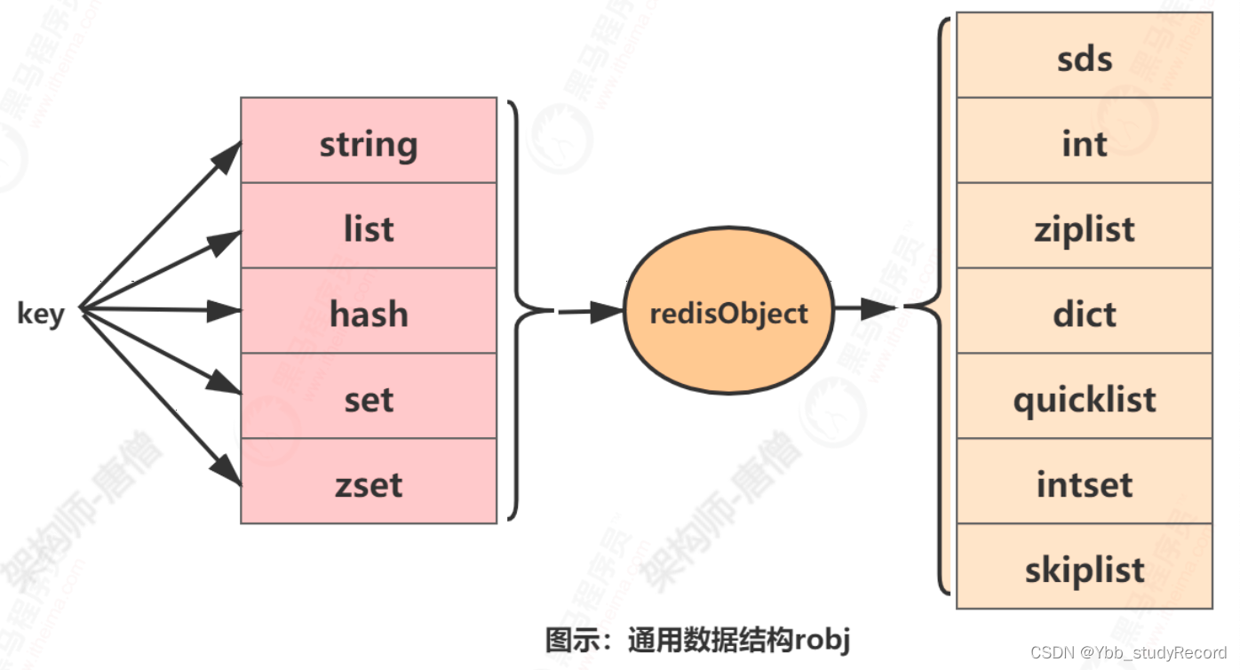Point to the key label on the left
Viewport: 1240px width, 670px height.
[40, 314]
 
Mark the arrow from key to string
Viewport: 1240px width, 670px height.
[160, 227]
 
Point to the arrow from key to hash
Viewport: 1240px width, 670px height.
[160, 311]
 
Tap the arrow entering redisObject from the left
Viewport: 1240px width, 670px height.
[591, 311]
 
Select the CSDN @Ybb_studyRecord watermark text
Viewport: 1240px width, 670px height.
[1128, 652]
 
